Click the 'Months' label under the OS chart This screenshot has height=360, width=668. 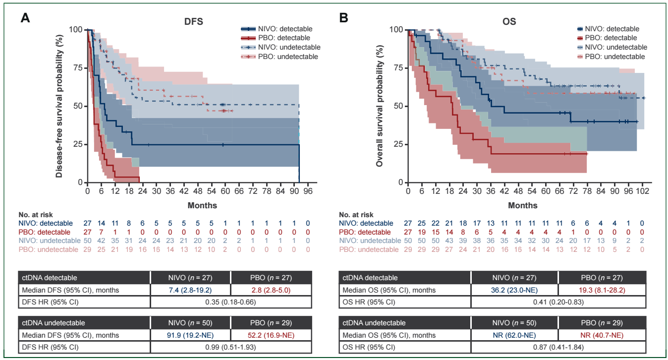pos(523,205)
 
